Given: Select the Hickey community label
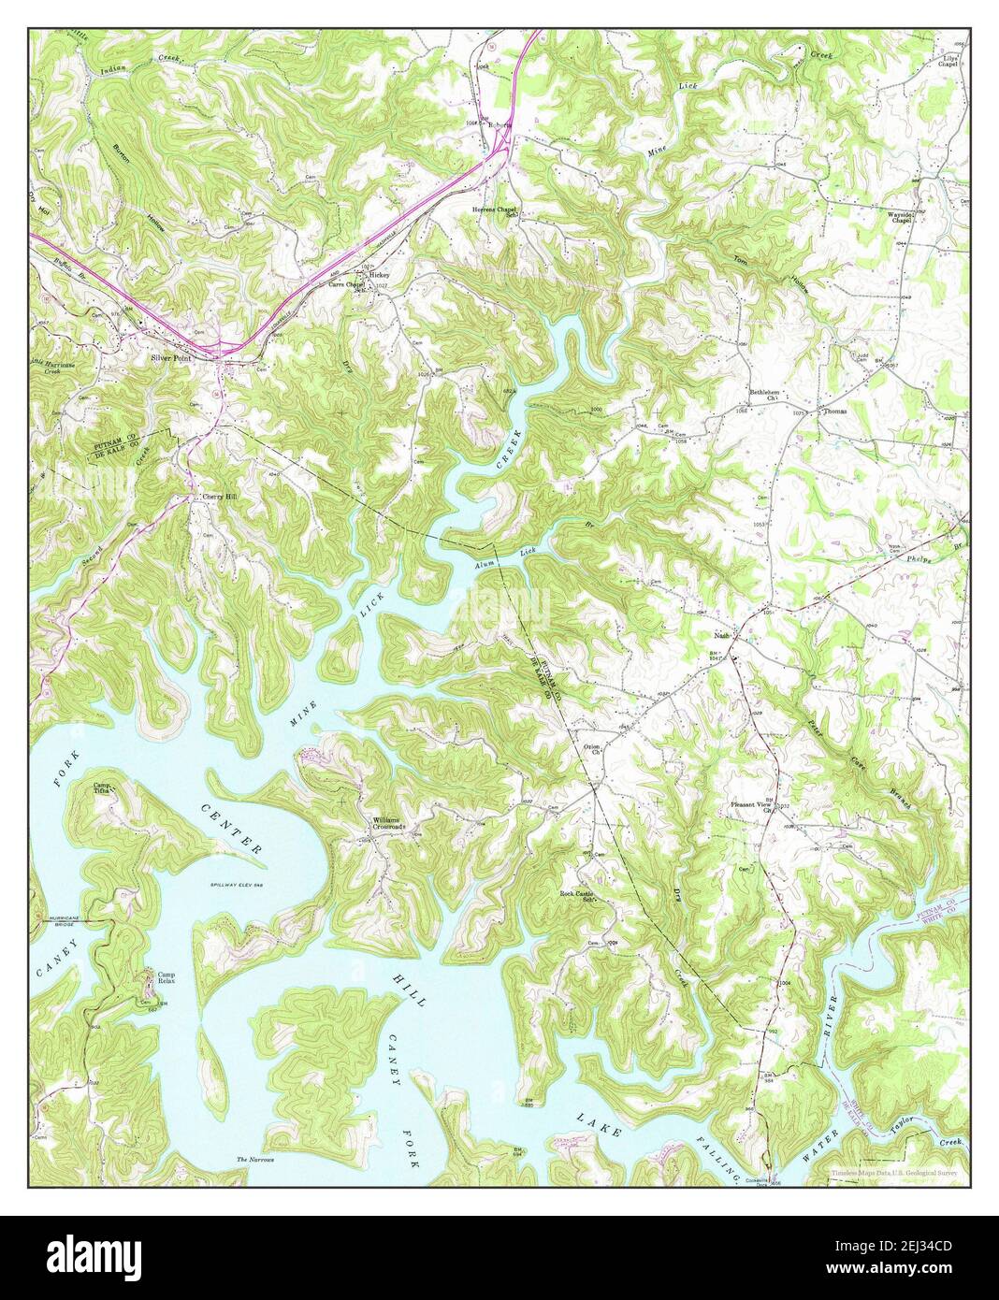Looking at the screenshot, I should click(379, 276).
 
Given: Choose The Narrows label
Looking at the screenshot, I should click(255, 1160).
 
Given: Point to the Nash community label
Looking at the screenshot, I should click(721, 635).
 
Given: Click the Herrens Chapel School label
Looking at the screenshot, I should click(494, 211).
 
